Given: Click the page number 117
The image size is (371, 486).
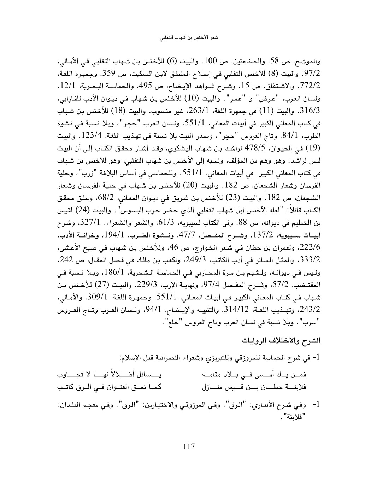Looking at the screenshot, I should pos(185,446).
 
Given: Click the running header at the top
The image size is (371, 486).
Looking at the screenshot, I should pos(185,37).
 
